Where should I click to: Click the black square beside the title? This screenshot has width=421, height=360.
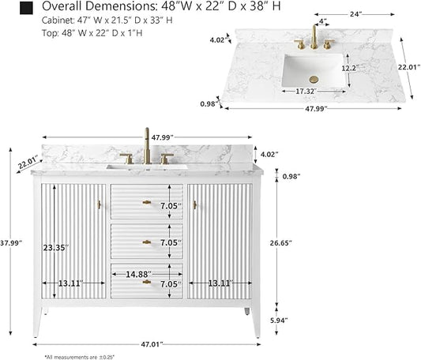coord(26,8)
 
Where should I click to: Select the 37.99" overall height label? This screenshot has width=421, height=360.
coord(11,243)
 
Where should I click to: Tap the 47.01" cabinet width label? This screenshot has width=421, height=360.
coord(152,344)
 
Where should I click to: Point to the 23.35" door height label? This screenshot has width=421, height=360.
coord(56,248)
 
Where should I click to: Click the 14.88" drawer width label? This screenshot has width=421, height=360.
coord(138,275)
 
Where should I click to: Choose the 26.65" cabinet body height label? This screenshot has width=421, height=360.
coord(281,243)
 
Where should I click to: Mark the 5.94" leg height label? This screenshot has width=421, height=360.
coord(280,321)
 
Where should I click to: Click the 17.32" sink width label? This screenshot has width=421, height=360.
coord(305,92)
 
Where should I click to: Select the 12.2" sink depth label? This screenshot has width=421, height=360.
coord(350,68)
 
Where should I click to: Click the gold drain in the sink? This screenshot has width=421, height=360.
coord(314,79)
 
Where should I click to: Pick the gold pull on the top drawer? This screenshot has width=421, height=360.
coord(147,202)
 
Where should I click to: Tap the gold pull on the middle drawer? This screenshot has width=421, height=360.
coord(147,242)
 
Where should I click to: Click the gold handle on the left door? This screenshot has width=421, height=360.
coord(99,204)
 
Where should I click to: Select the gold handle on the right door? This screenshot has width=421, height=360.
coord(194,204)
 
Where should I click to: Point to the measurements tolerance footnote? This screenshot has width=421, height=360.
coord(80,357)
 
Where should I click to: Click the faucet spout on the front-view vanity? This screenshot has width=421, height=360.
coord(147,145)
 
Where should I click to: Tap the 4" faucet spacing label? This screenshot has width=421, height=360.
coord(323,21)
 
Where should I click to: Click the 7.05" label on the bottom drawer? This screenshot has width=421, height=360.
coord(171,284)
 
